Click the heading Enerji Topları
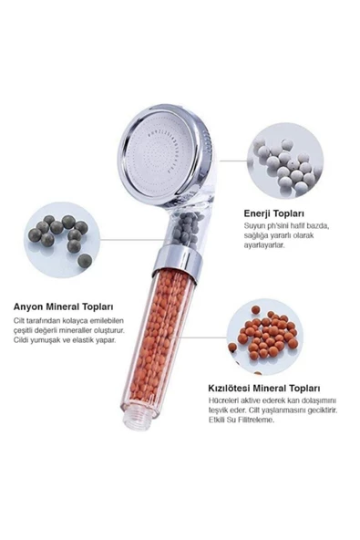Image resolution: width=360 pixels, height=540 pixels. click(274, 213)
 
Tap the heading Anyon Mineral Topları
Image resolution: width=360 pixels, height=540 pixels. click(63, 306)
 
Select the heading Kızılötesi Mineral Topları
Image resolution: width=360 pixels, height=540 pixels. click(264, 389)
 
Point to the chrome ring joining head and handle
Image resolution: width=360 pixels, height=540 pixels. click(176, 262)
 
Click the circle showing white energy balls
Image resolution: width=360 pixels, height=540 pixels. click(285, 161)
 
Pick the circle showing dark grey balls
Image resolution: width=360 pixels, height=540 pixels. click(62, 240)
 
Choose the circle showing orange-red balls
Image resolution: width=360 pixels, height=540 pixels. click(265, 337)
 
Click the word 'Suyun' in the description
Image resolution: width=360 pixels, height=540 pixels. click(253, 226)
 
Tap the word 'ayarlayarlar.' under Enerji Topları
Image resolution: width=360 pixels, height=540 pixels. click(264, 245)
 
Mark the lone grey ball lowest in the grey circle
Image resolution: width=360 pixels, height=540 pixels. click(85, 261)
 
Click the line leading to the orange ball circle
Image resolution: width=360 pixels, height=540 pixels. click(204, 337)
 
